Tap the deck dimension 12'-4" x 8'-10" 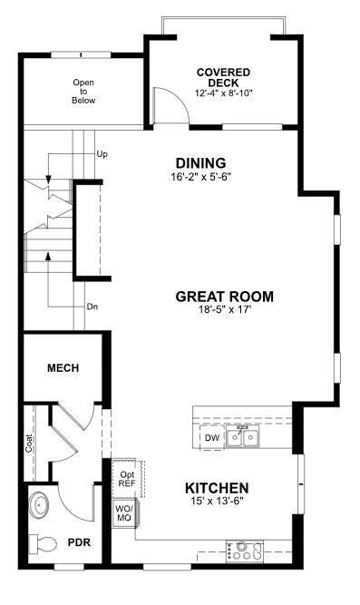click(223, 93)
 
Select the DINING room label click(200, 163)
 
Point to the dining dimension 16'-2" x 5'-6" click(200, 177)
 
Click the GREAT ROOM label click(224, 297)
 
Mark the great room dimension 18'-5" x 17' click(224, 310)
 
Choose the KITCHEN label click(217, 488)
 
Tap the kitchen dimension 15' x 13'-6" click(217, 502)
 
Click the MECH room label click(63, 368)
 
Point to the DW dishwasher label click(211, 439)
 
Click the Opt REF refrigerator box click(125, 478)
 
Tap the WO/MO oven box click(123, 513)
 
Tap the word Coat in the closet click(30, 443)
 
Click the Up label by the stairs click(102, 155)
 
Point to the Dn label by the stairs click(92, 307)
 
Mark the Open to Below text click(83, 91)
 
